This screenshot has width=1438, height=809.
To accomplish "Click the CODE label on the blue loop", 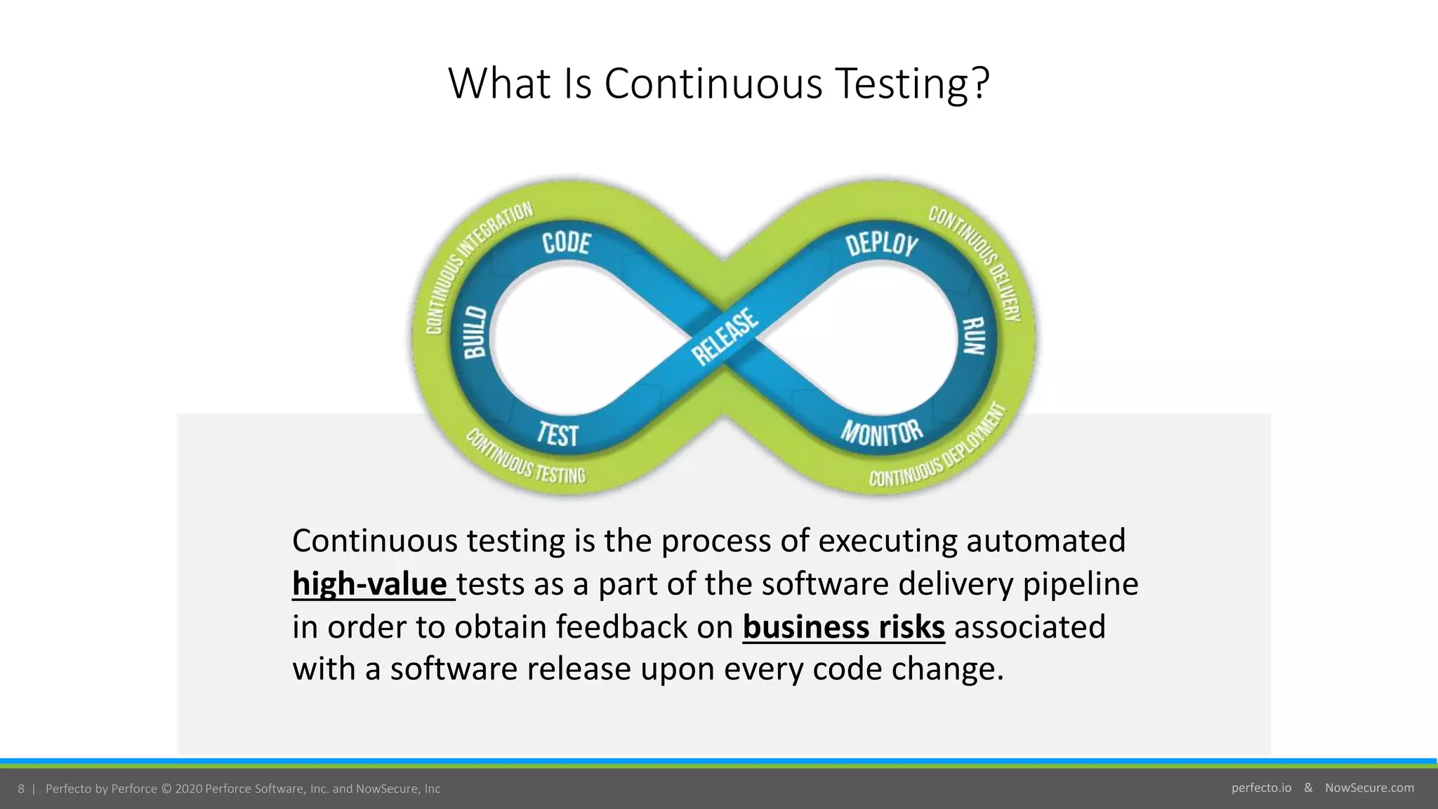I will tap(567, 243).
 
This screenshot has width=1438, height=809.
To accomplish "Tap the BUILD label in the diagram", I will tap(475, 332).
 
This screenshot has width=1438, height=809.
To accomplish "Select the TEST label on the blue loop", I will tap(558, 434).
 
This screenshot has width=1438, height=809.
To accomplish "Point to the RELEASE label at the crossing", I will tap(725, 337).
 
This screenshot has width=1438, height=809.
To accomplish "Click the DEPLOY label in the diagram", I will tap(881, 244).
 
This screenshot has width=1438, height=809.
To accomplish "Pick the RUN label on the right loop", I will tap(974, 336).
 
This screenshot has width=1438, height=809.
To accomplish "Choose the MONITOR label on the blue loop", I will tap(882, 433).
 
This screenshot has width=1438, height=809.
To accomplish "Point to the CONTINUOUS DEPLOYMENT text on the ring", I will tap(941, 449).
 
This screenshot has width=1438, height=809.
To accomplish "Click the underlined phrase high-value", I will tap(370, 584).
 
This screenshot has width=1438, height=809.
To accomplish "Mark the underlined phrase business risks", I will tap(843, 627).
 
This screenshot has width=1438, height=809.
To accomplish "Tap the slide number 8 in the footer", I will tap(21, 789).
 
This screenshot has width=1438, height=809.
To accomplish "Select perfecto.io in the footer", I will tap(1261, 788).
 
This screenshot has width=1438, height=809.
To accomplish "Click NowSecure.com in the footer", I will tap(1369, 788).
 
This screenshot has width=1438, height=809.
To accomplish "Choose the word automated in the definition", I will tap(1045, 541).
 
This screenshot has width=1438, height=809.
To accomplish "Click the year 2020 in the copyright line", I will tap(188, 789).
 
